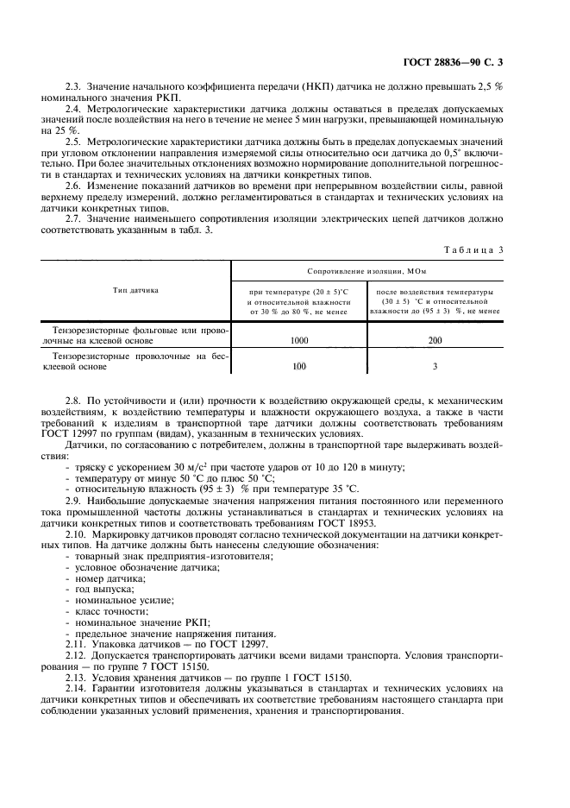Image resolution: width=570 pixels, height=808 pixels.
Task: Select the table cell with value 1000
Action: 299,341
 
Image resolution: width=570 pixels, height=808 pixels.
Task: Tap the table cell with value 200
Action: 435,341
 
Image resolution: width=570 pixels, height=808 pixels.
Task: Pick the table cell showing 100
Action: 299,367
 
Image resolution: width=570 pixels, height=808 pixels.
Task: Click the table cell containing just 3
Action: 435,367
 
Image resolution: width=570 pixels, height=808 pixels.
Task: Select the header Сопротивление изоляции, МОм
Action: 367,271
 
